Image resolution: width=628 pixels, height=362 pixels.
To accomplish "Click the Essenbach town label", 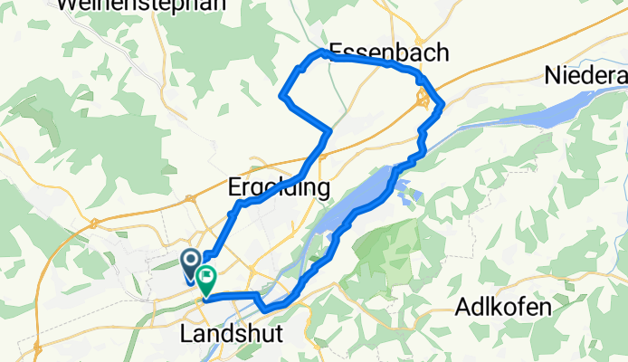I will point(388,52).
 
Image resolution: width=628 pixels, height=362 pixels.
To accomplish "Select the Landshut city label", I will point(232,334).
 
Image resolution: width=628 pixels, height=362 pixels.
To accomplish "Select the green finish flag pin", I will point(206,281).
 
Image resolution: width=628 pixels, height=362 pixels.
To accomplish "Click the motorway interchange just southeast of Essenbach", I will point(423,100).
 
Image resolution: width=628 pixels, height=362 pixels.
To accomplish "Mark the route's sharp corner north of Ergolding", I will point(330,132).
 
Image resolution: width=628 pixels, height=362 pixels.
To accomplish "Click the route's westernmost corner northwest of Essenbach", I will point(283,94).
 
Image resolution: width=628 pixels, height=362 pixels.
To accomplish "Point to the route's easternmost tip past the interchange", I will point(442,107).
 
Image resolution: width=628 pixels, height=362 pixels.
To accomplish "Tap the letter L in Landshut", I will point(186,334).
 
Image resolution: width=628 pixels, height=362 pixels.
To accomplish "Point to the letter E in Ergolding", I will point(233,187).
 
